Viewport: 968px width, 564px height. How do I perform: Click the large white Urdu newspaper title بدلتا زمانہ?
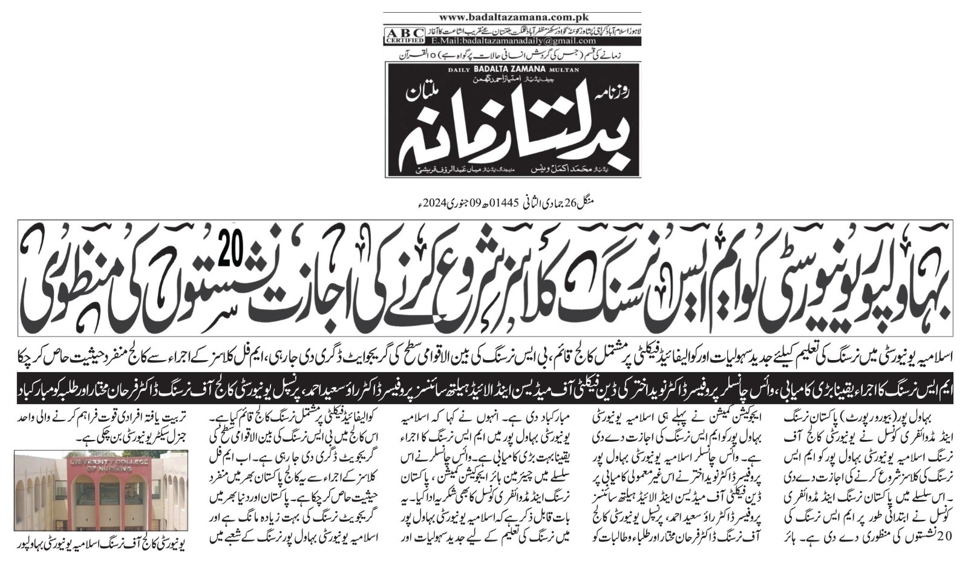click(484, 127)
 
